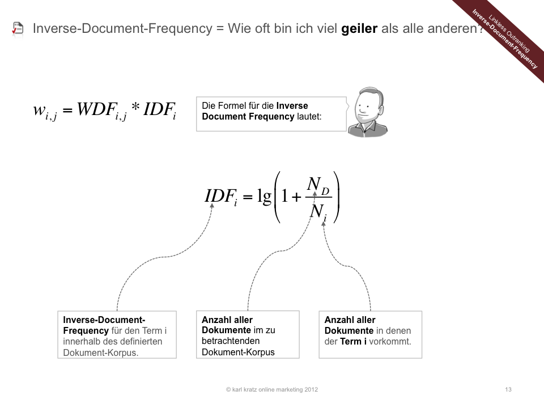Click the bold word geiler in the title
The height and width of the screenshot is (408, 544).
[x=359, y=28]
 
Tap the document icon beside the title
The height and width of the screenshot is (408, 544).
[x=18, y=29]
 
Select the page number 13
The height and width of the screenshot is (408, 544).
[x=508, y=389]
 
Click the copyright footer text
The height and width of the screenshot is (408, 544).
[x=271, y=389]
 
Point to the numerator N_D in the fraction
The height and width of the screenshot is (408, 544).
[x=318, y=186]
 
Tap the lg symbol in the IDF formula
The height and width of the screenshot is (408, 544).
[x=264, y=197]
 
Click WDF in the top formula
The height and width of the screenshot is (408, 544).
[x=96, y=109]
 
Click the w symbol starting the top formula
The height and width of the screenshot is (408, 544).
[x=39, y=109]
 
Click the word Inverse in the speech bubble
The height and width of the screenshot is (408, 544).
[x=292, y=105]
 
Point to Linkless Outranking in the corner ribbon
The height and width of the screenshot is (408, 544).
[x=509, y=33]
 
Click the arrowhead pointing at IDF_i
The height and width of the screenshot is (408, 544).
[x=212, y=205]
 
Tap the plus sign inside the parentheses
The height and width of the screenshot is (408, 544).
[x=296, y=197]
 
